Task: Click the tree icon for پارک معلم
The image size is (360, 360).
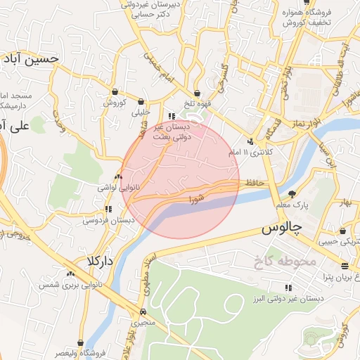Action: pos(292,193)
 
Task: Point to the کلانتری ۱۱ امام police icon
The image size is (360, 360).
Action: pos(250,141)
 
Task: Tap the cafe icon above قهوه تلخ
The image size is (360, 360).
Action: pos(198,93)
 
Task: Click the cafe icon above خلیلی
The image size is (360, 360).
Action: pos(142,101)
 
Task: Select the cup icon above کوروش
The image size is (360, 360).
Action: pos(115,91)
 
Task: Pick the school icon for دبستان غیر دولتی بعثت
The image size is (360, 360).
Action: pos(171,117)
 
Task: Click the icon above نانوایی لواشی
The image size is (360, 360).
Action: pos(117,177)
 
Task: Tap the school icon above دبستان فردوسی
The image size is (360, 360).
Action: pos(108,209)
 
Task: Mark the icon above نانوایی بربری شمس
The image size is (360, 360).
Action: pos(70,274)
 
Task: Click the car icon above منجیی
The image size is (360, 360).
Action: pos(143,311)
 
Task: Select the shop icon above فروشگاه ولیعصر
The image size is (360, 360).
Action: pos(82,342)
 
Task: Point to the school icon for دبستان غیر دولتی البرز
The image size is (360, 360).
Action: pos(288,287)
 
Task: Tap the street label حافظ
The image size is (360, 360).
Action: pos(255,183)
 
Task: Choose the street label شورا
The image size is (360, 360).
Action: pos(196,200)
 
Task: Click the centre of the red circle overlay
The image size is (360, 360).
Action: pos(181,179)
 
